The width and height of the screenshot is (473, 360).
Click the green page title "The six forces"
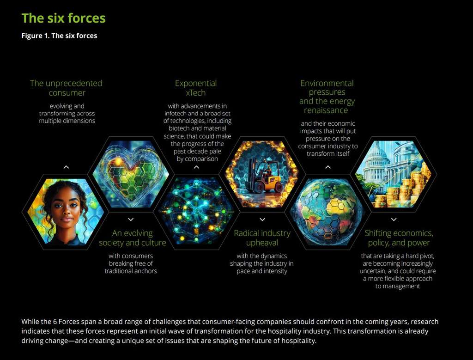pos(63,18)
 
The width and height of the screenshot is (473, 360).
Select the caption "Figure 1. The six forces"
pos(59,36)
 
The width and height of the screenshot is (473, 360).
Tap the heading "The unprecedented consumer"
pos(66,88)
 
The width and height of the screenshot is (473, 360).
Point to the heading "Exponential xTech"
pos(196,88)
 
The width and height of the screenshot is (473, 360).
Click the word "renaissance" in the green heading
pos(326,110)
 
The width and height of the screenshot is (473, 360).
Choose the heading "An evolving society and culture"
pos(132,238)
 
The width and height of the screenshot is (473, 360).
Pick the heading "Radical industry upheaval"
pos(262,238)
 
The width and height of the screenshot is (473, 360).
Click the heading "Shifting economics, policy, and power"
pos(399,238)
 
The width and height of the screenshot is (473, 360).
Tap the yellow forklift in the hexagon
pos(264,177)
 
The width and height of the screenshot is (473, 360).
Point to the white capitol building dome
pos(378,155)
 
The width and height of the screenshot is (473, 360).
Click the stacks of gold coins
pos(409,187)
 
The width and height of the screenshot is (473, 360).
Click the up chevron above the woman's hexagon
pos(66,167)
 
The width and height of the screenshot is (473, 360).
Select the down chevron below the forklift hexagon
pos(262,220)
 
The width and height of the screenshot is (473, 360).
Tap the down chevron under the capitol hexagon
pos(394,220)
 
